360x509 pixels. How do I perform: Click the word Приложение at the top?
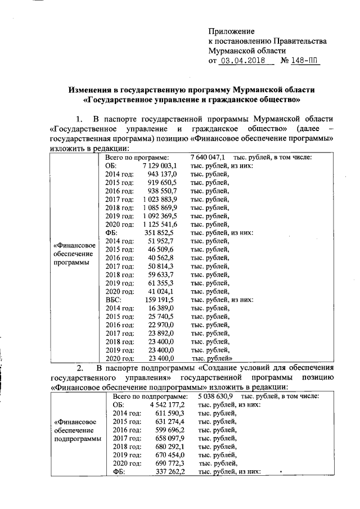(231, 31)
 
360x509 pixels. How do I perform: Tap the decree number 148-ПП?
(301, 61)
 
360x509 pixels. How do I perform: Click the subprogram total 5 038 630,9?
(214, 396)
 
